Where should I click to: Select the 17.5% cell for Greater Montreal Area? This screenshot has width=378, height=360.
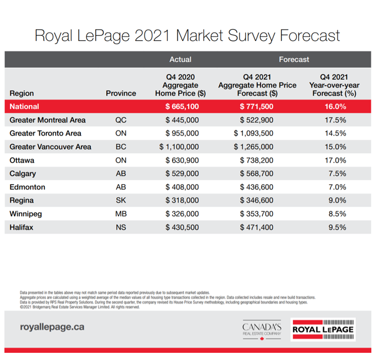tap(335, 120)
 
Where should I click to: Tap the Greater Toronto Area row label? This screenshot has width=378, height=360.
tap(45, 133)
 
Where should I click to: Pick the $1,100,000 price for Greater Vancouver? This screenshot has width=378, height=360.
tap(179, 147)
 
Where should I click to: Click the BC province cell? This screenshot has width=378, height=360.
tap(121, 147)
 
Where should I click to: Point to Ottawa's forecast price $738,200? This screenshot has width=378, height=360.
tap(257, 160)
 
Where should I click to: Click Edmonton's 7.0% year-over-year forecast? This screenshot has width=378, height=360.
tap(336, 187)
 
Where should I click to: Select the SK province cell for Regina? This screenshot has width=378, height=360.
tap(121, 200)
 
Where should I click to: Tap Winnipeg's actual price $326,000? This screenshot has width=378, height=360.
tap(182, 214)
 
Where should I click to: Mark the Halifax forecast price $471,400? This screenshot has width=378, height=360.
tap(257, 227)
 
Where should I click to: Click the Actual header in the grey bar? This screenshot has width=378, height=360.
tap(180, 59)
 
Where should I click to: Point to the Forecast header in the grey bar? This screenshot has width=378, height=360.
tap(294, 59)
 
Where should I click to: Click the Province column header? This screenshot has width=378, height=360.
tap(121, 93)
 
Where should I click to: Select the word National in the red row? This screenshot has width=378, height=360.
tap(24, 106)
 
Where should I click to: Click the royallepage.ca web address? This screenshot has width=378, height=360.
tap(52, 327)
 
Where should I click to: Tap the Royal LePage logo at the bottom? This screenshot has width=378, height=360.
tap(323, 330)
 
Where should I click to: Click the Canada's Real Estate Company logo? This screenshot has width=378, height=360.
tap(262, 330)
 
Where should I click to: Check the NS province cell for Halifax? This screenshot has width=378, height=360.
tap(121, 227)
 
